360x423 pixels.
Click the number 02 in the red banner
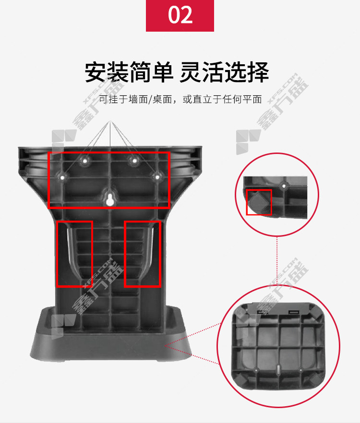(180, 15)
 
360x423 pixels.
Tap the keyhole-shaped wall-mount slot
(109, 200)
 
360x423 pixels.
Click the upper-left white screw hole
(85, 161)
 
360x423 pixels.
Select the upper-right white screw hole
(134, 161)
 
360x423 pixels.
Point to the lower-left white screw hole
(62, 178)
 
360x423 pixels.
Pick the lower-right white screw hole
(157, 177)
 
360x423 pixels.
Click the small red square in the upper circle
(259, 202)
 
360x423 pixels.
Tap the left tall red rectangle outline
(57, 254)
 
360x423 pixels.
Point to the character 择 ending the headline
(258, 72)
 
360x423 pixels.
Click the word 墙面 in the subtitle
(139, 99)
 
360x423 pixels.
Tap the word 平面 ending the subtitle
(252, 99)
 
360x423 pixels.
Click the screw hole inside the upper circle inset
(284, 186)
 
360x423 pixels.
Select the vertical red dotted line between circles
(277, 261)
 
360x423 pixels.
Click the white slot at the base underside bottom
(278, 369)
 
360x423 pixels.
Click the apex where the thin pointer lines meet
(110, 121)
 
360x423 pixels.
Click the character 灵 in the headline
(191, 72)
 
